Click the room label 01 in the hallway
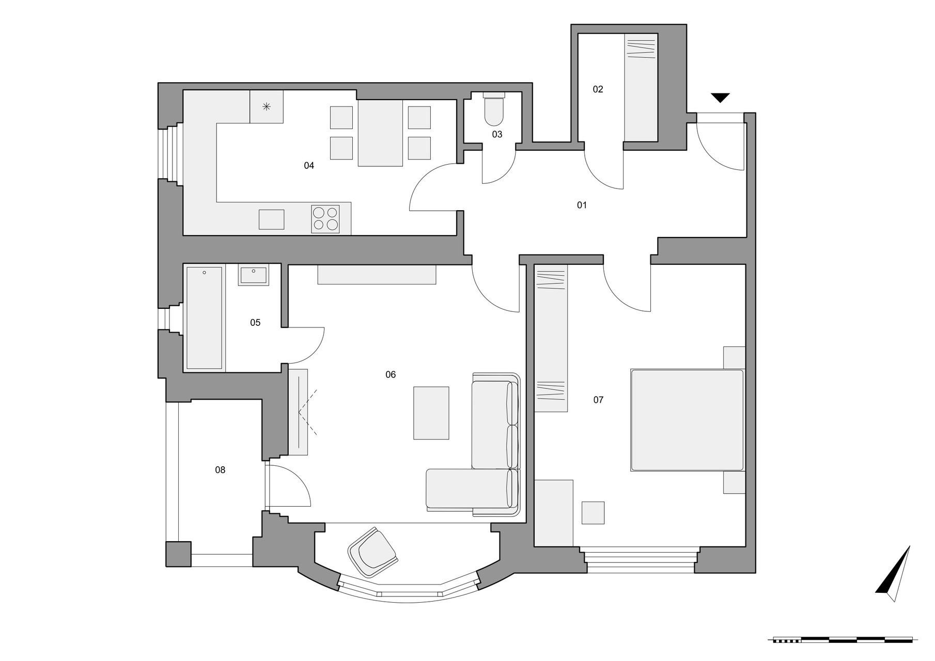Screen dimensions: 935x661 tap(582, 206)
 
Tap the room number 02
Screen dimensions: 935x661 tap(598, 89)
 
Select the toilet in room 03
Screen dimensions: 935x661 tap(494, 109)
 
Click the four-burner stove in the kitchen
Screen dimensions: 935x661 tap(325, 218)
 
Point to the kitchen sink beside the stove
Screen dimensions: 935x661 tap(271, 219)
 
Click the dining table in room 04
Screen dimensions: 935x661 tap(380, 133)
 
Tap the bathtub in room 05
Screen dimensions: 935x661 tap(205, 318)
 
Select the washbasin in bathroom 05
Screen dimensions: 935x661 tap(253, 276)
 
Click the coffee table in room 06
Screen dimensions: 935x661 tap(431, 413)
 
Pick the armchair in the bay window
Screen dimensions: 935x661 tap(373, 552)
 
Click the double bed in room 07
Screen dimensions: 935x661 tap(688, 420)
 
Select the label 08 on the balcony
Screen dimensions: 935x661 tap(220, 470)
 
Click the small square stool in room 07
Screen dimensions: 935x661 tap(593, 513)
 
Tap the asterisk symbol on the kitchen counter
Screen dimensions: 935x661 tap(267, 107)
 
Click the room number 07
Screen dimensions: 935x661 tap(598, 400)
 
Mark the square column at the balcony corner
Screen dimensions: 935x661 tap(178, 554)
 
